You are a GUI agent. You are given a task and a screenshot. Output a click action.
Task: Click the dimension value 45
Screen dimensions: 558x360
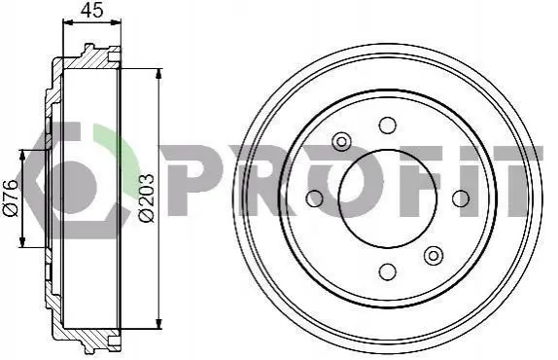click(91, 10)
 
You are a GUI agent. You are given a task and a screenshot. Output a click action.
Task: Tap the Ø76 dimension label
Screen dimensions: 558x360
click(11, 198)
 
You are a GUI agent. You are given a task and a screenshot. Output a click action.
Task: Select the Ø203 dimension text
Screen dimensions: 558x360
click(147, 198)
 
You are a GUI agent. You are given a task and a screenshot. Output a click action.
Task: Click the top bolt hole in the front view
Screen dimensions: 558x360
click(387, 125)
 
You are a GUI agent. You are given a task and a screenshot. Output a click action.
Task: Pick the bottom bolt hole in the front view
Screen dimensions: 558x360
click(388, 271)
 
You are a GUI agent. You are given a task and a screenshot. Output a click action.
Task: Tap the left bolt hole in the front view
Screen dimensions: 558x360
click(315, 198)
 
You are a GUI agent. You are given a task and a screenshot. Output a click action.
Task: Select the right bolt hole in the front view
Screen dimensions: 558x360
click(461, 198)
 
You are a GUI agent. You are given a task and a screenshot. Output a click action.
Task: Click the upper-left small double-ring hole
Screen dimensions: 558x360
click(341, 142)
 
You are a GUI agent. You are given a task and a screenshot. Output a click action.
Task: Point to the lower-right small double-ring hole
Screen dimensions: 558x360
click(434, 255)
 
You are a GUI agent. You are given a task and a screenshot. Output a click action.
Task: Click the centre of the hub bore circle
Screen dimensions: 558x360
click(388, 198)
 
